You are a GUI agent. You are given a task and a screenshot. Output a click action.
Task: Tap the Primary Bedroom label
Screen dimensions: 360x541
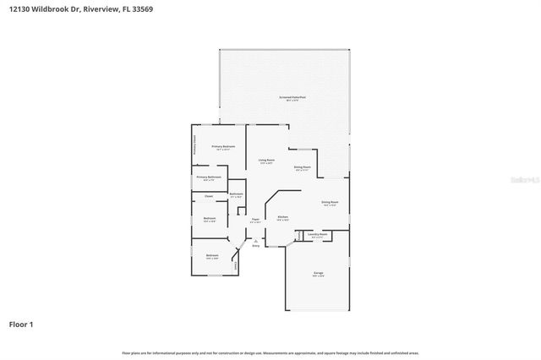(x=223, y=147)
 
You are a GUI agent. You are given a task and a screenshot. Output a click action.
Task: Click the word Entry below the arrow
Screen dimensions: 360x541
(x=255, y=246)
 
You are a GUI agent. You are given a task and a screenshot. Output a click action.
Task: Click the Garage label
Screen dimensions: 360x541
(x=319, y=273)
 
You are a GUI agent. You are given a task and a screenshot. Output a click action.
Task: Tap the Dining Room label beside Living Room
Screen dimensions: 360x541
(x=303, y=167)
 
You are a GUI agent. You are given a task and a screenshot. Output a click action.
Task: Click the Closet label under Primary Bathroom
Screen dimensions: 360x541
(x=209, y=196)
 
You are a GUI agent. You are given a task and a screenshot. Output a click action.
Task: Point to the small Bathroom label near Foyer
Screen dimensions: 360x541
(x=237, y=194)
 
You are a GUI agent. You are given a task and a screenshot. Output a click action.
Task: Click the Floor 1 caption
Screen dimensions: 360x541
(x=21, y=324)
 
